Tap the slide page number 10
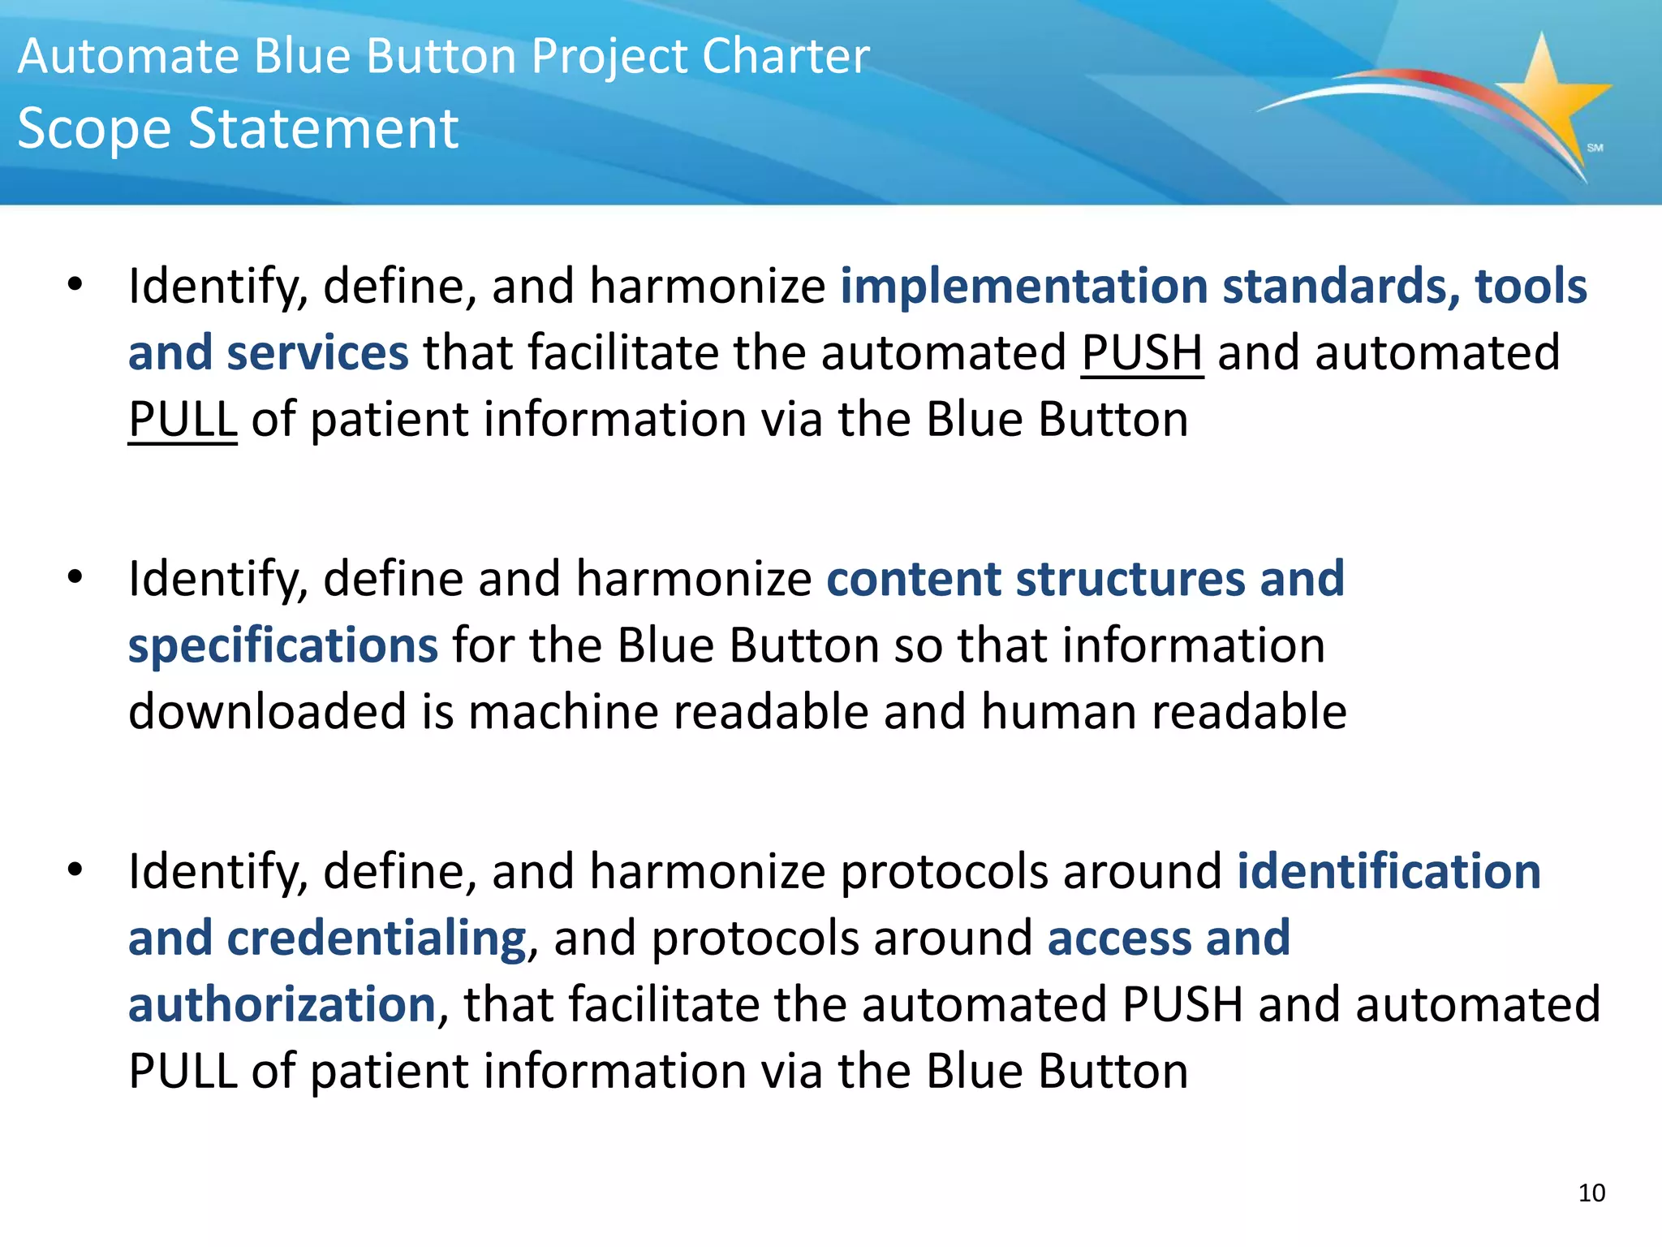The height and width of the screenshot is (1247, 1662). point(1591,1193)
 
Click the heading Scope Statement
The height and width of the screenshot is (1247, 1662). point(238,129)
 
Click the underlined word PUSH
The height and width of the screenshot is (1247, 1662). point(1142,353)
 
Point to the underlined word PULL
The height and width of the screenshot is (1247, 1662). point(183,420)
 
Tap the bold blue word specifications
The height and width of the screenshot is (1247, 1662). point(283,646)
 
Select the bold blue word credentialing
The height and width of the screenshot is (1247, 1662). point(377,938)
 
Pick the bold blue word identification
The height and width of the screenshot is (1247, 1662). point(1389,872)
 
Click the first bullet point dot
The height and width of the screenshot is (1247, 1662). point(75,285)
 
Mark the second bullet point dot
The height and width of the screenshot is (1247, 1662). point(75,577)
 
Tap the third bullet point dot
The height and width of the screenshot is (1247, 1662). point(75,870)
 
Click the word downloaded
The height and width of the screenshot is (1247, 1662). point(267,712)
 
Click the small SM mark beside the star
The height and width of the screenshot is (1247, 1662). point(1595,148)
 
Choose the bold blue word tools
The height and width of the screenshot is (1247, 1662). point(1531,286)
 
